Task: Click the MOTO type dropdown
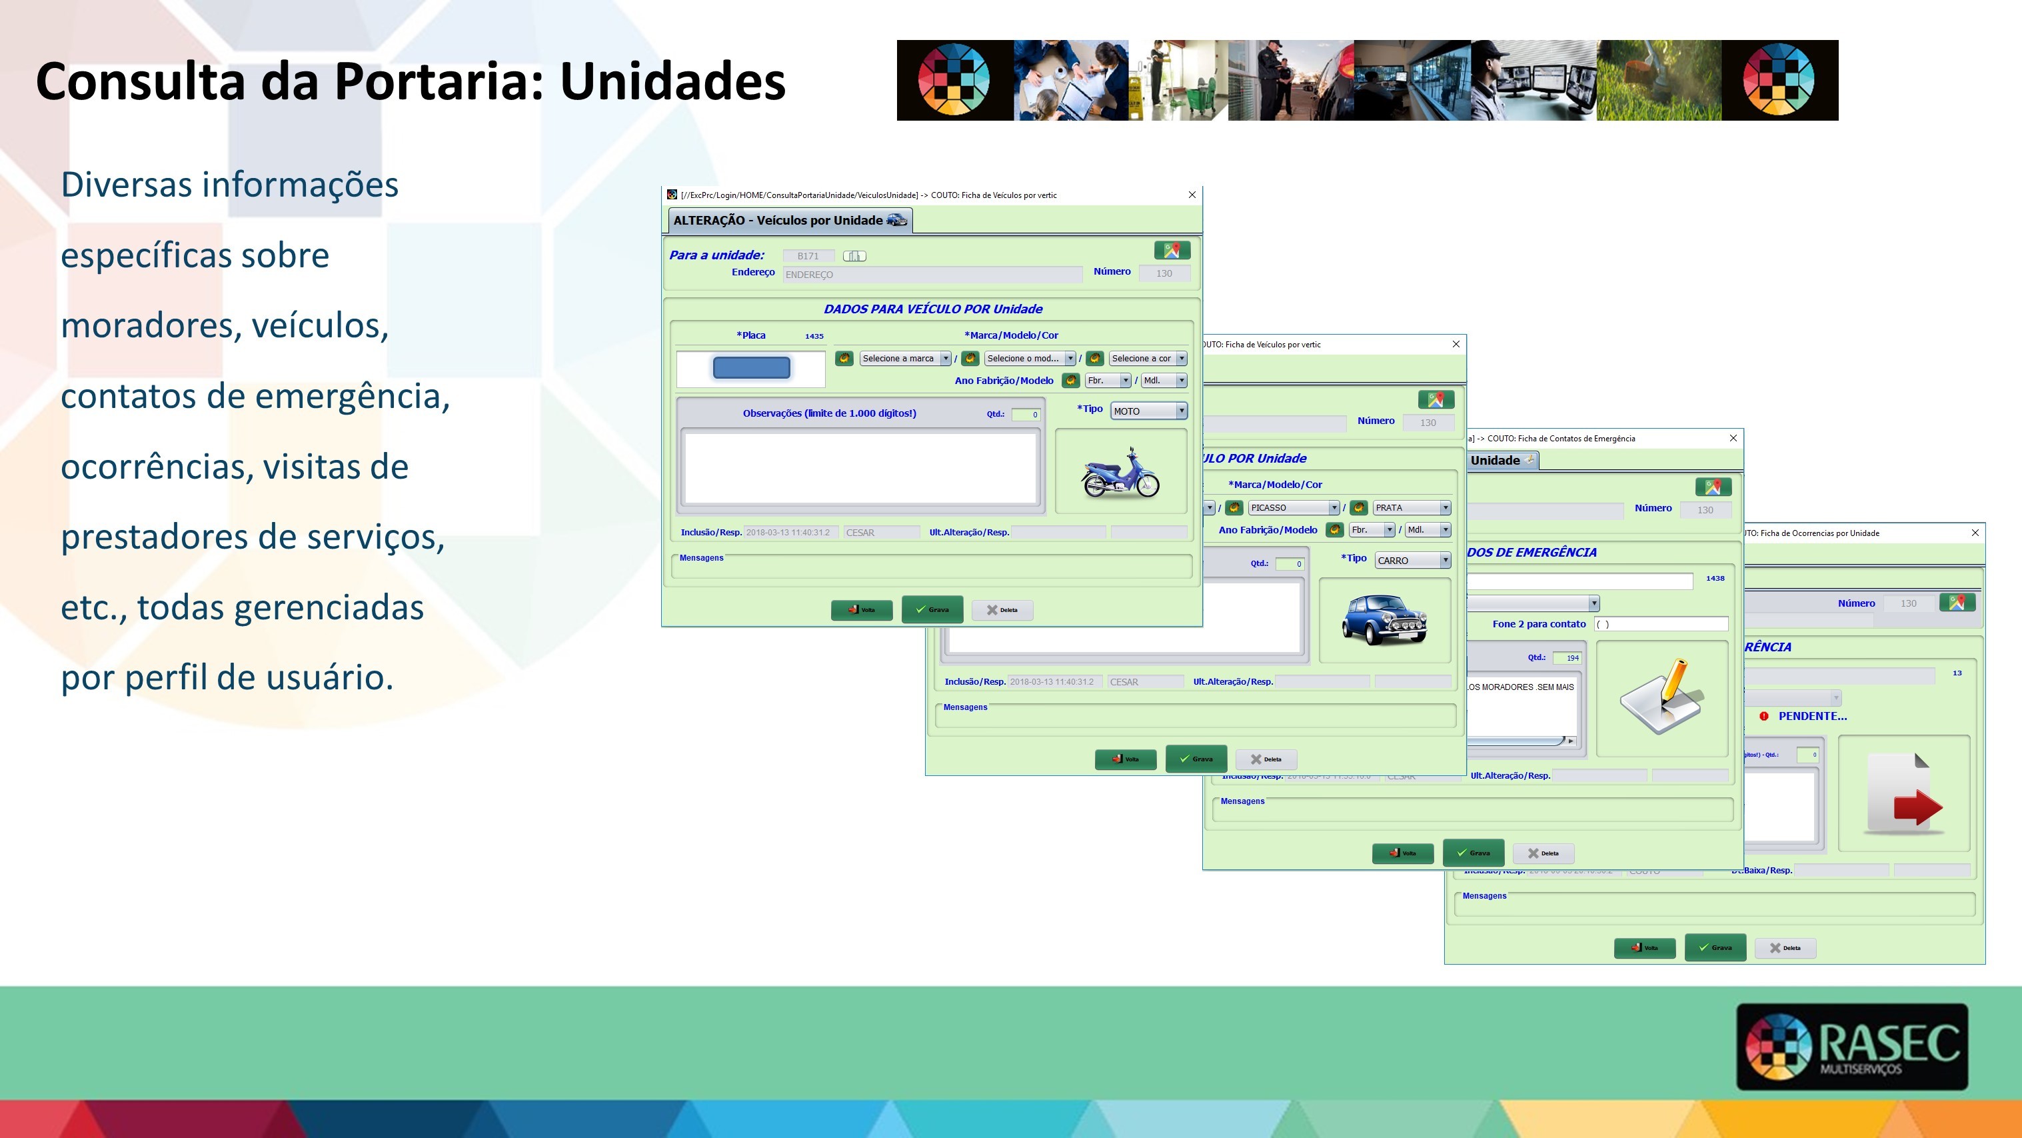point(1148,411)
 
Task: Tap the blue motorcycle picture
point(1120,473)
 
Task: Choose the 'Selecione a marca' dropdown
point(905,358)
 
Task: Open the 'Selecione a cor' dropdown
point(1148,358)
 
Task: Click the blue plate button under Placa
point(751,367)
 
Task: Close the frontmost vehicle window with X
point(1192,195)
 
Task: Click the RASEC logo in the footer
point(1851,1046)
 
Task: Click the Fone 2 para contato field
point(1661,623)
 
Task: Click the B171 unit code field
point(808,256)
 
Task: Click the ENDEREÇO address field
point(932,274)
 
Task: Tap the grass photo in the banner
point(1658,80)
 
